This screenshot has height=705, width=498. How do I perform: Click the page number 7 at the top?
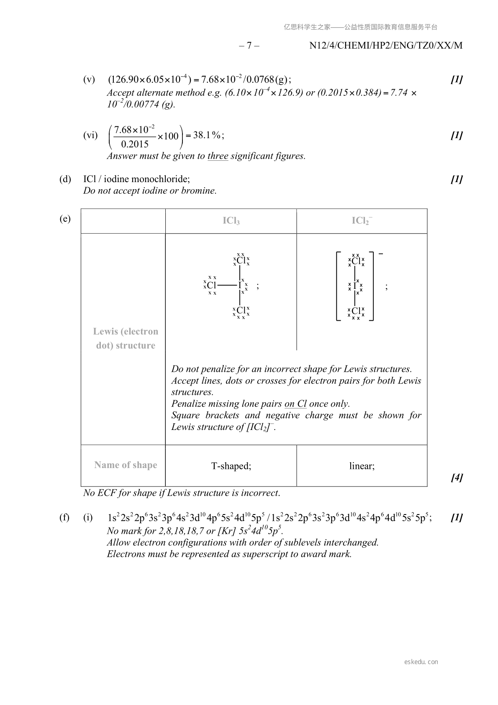[249, 45]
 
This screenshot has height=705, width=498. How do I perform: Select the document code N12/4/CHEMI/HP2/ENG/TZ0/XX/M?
[386, 45]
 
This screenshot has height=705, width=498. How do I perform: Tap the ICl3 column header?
[231, 221]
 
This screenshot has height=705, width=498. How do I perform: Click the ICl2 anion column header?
[362, 221]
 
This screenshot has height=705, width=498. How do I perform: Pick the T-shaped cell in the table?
[231, 466]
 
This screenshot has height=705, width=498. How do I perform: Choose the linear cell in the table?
[362, 466]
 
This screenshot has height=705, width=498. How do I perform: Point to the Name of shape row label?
[126, 465]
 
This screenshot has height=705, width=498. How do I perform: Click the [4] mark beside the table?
[457, 477]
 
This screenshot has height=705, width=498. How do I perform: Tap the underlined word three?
[218, 156]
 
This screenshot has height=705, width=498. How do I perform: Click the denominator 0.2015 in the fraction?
[135, 144]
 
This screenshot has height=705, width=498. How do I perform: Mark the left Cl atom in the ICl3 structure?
[212, 286]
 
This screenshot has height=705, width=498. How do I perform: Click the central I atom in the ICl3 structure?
[240, 286]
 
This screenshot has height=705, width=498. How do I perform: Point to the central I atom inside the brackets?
[355, 286]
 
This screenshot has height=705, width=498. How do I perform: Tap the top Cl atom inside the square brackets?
[356, 261]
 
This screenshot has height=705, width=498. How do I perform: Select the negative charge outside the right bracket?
[380, 254]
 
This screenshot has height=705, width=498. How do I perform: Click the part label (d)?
[65, 179]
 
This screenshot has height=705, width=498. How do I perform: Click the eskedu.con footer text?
[421, 662]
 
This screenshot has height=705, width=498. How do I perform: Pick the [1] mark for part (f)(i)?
[457, 518]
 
